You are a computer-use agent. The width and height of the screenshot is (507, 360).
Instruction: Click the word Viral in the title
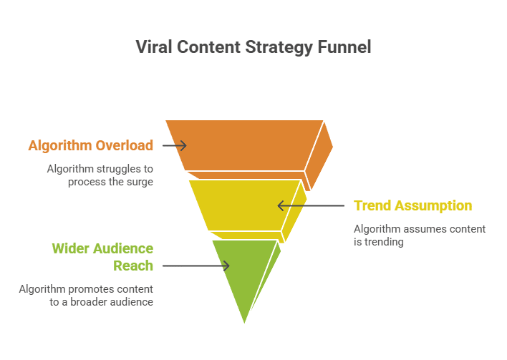tap(154, 47)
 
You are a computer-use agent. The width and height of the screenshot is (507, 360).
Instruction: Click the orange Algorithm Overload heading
tap(90, 146)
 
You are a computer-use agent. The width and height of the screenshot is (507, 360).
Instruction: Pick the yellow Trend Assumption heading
tap(413, 205)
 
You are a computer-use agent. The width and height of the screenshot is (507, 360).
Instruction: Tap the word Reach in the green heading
tap(133, 266)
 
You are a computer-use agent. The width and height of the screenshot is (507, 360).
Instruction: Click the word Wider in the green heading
tap(70, 248)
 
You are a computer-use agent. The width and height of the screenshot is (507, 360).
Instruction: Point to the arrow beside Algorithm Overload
tap(175, 146)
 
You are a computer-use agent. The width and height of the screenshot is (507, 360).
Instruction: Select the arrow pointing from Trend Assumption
tap(311, 205)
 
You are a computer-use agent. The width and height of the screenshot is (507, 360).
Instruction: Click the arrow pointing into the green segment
tap(196, 266)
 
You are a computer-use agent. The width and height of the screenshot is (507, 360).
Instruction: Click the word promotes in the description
tap(95, 290)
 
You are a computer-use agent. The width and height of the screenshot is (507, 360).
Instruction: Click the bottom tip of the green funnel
tap(244, 323)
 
